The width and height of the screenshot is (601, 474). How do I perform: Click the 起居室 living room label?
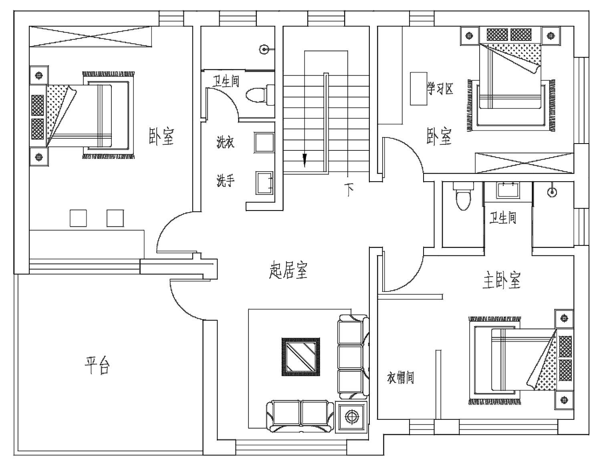tap(288, 270)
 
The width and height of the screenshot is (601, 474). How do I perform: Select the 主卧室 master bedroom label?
tap(502, 280)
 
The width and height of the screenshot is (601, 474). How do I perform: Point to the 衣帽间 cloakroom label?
tap(400, 378)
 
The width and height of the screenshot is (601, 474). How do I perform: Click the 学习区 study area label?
tap(440, 89)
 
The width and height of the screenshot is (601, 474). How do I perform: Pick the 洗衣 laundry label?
tap(225, 142)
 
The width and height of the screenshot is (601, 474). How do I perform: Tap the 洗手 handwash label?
tap(225, 181)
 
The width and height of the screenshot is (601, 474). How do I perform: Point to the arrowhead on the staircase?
tap(305, 160)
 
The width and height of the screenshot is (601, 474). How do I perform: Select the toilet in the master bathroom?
tap(463, 196)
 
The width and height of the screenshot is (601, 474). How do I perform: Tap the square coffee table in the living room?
tap(301, 357)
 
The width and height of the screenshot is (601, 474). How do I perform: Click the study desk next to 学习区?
tap(419, 89)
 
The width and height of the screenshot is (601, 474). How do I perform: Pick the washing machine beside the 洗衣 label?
tap(264, 143)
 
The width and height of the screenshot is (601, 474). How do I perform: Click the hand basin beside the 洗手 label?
tap(264, 183)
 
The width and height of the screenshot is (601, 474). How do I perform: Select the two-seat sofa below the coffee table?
tap(300, 416)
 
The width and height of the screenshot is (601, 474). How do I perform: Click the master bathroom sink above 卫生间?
tap(508, 190)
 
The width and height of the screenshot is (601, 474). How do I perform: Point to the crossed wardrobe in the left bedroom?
tap(91, 36)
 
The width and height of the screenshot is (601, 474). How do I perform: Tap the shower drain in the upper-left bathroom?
tap(264, 50)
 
